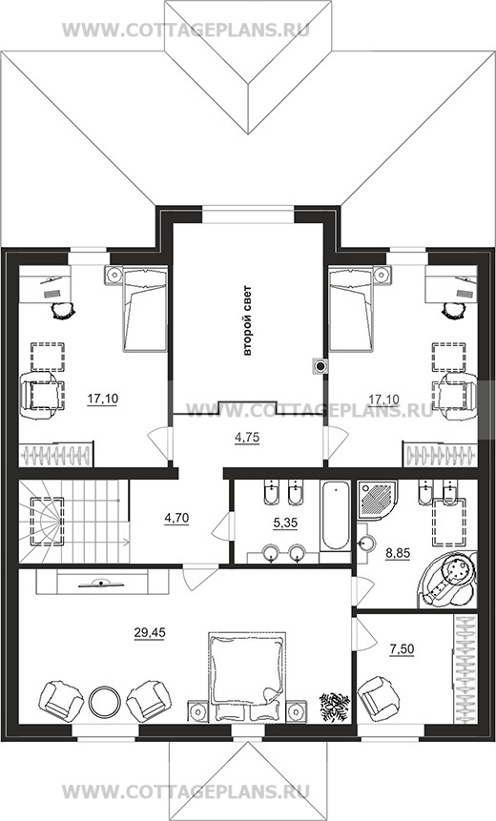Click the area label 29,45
tap(149, 633)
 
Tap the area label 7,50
tap(402, 649)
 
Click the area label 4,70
tap(176, 519)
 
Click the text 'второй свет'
tap(247, 320)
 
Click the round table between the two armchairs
tap(104, 702)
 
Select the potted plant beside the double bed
tap(335, 707)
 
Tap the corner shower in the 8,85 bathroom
tap(378, 501)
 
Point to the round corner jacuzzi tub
tap(447, 580)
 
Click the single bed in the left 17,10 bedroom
tap(145, 309)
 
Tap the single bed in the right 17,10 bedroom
tap(351, 309)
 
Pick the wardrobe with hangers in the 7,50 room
tap(465, 668)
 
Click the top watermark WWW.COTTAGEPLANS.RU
tap(186, 30)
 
